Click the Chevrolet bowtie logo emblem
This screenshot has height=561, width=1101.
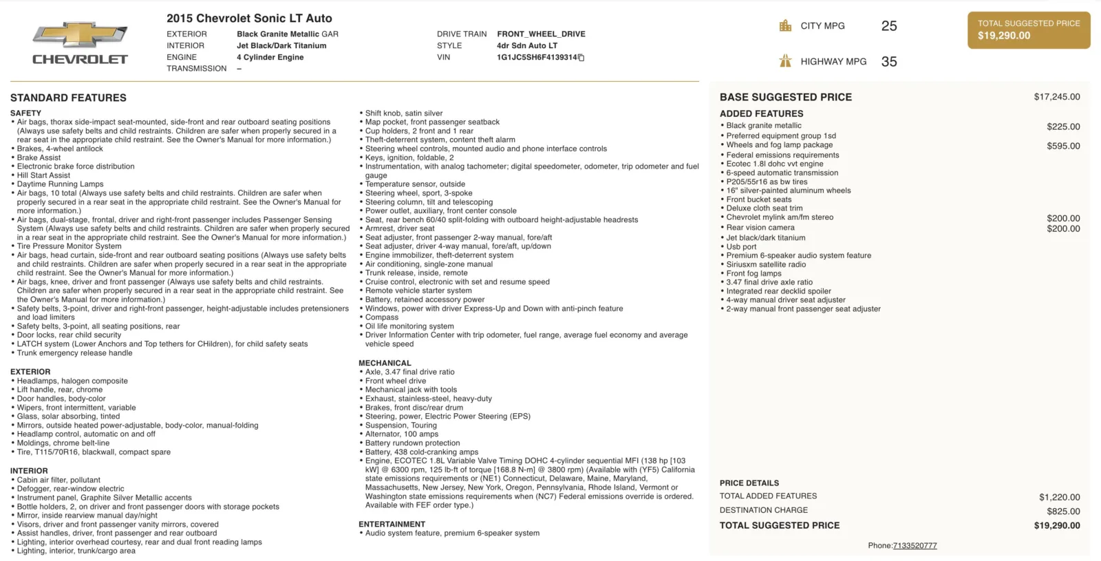tap(80, 34)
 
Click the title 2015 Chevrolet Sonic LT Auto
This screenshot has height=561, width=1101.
tap(249, 19)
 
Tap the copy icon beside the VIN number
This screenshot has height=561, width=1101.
tap(581, 58)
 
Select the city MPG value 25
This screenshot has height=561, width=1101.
tap(889, 26)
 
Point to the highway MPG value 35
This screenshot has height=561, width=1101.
tap(889, 62)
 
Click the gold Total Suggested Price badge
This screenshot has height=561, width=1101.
tap(1029, 30)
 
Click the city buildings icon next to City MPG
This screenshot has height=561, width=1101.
tap(785, 26)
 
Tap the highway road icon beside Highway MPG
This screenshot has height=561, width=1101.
tap(785, 61)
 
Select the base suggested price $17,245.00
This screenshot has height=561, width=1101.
tap(1056, 97)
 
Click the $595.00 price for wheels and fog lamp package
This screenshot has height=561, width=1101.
tap(1063, 146)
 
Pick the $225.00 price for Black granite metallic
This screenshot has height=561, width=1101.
tap(1063, 126)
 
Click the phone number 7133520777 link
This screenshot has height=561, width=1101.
tap(915, 545)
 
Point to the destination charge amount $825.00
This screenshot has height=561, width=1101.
tap(1063, 511)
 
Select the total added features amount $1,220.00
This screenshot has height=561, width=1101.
tap(1059, 497)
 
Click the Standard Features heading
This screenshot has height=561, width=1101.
tap(68, 98)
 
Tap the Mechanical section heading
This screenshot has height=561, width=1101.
tap(385, 363)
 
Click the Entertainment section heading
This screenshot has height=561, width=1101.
tap(392, 524)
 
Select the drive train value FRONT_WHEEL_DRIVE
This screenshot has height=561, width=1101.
tap(541, 34)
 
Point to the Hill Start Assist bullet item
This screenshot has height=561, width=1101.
tap(43, 175)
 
